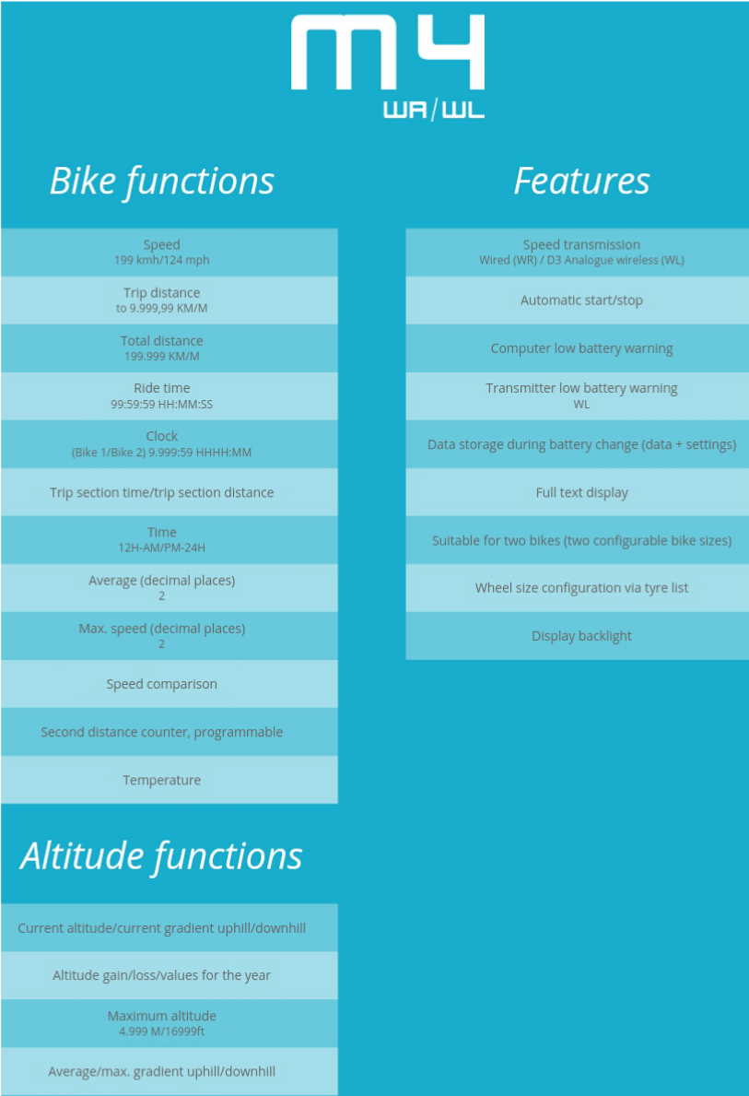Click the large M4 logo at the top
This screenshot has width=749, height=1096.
(388, 53)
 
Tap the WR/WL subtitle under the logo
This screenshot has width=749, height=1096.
(434, 110)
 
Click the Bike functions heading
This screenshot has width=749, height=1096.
(162, 182)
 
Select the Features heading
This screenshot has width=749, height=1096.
(581, 181)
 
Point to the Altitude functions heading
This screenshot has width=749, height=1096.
(161, 856)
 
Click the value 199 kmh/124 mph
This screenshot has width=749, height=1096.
(162, 260)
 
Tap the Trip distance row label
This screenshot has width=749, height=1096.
(162, 293)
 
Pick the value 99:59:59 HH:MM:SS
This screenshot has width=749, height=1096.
(162, 404)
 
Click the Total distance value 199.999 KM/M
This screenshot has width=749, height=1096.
(162, 357)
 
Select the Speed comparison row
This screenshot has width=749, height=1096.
(162, 684)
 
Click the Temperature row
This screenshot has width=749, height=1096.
(162, 780)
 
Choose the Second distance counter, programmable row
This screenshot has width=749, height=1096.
(162, 732)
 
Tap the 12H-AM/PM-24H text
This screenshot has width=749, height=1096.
(162, 548)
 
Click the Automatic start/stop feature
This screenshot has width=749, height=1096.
(581, 301)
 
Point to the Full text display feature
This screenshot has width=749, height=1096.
(582, 493)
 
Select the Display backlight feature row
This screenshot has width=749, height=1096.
(577, 636)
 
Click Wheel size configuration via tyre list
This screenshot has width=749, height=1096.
(582, 588)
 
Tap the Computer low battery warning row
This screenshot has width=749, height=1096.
(577, 348)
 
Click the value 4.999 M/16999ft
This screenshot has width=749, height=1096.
(162, 1031)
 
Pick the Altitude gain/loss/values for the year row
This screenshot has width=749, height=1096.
(162, 976)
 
